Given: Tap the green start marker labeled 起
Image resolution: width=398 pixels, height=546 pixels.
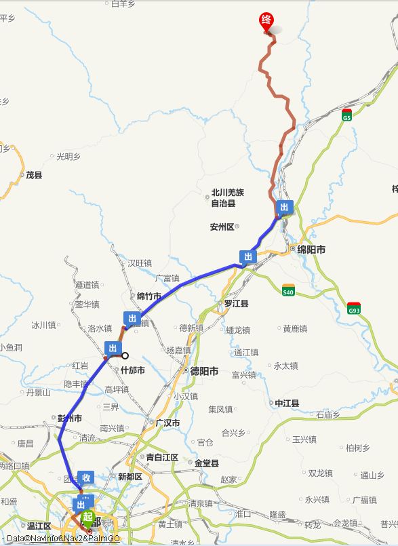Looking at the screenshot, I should click(87, 518).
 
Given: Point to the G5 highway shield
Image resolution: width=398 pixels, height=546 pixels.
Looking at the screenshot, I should click(346, 115).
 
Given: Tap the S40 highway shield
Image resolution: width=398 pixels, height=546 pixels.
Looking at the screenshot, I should click(289, 290).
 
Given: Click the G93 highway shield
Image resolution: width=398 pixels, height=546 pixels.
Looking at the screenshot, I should click(353, 308).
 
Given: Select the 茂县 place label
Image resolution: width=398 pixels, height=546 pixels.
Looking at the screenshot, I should click(34, 175).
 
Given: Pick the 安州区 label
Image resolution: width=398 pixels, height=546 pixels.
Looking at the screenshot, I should click(222, 227).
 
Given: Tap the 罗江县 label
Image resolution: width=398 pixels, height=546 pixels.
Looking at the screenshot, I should click(237, 303).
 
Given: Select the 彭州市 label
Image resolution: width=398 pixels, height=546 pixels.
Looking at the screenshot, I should click(68, 418).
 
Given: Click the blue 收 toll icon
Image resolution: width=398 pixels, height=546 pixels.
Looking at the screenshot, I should click(86, 477).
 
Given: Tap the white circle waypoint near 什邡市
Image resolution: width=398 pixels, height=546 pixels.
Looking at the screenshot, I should click(125, 355).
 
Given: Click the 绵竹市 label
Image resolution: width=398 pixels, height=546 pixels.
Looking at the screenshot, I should click(149, 296).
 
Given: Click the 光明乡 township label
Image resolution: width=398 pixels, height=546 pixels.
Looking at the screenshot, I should click(68, 156).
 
